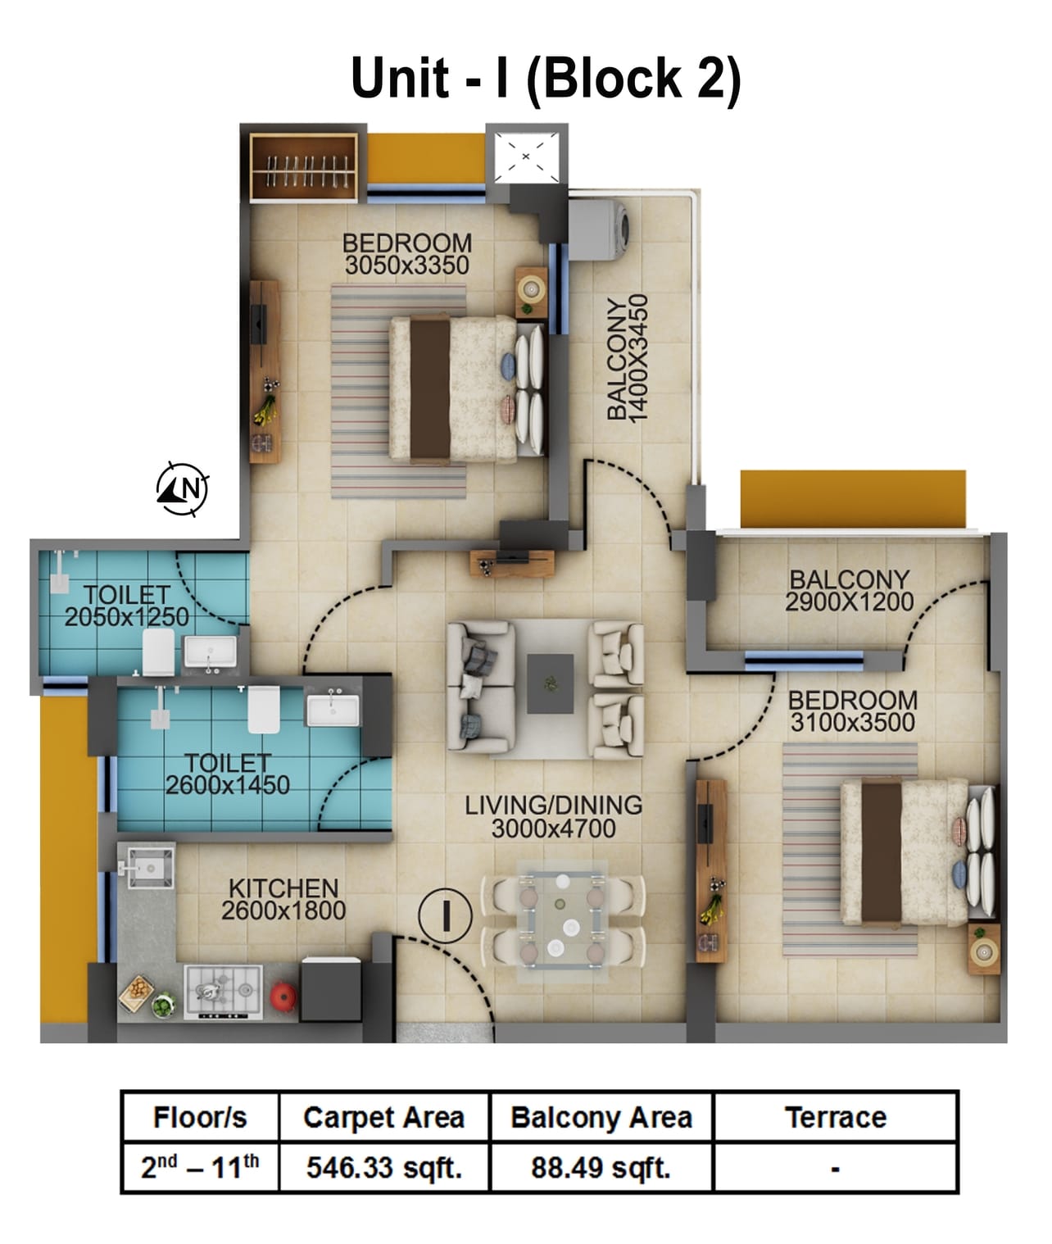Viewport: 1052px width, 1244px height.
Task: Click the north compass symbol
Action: click(183, 489)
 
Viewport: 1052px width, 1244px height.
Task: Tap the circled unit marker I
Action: click(446, 915)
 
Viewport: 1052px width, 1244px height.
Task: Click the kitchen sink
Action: click(148, 867)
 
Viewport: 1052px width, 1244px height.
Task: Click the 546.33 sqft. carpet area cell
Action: click(383, 1167)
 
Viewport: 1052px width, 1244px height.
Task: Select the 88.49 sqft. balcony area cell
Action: click(601, 1167)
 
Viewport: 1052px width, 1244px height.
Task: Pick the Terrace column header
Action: click(835, 1117)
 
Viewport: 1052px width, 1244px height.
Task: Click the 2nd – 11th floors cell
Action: click(200, 1167)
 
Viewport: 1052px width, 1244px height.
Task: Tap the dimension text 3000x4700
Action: click(553, 829)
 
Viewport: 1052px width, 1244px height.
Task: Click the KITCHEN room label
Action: click(283, 888)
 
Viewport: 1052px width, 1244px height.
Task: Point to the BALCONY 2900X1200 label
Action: click(849, 591)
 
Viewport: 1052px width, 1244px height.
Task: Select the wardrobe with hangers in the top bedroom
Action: click(303, 167)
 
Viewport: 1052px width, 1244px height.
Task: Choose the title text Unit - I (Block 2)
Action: click(546, 79)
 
